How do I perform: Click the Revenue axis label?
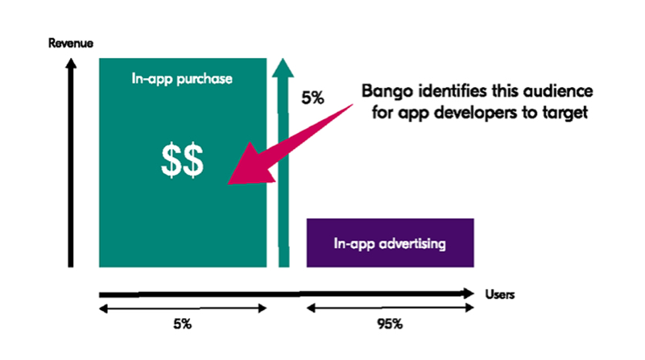70,43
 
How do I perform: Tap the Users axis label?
500,295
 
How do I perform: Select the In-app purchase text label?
182,79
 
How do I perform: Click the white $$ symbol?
182,160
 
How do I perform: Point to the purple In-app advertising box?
390,242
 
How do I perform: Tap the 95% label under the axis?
390,325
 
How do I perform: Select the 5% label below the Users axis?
182,325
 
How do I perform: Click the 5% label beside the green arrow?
312,98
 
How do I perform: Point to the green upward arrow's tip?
283,59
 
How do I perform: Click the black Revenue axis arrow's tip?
71,59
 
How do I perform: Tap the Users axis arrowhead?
473,293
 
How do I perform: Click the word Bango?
387,91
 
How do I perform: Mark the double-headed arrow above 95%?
390,308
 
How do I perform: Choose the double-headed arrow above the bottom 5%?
183,308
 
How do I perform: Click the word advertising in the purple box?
412,243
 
